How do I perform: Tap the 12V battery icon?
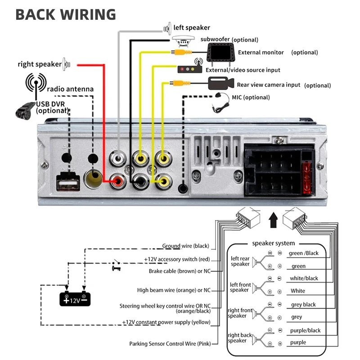pyautogui.click(x=76, y=298)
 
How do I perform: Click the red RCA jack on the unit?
pyautogui.click(x=119, y=181)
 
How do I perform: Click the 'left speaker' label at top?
pyautogui.click(x=192, y=28)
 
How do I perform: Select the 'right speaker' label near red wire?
pyautogui.click(x=40, y=64)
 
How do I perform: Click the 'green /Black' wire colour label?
pyautogui.click(x=303, y=253)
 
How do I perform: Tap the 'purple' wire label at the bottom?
pyautogui.click(x=298, y=342)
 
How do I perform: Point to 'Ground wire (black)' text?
pyautogui.click(x=185, y=246)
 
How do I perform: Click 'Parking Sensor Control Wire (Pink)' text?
pyautogui.click(x=169, y=344)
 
